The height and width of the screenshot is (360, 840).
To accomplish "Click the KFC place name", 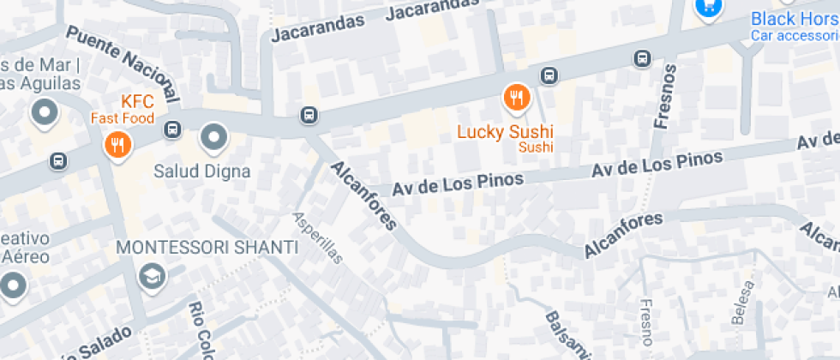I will [136, 101].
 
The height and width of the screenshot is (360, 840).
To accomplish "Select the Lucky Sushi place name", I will [504, 132].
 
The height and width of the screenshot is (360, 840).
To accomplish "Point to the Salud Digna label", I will [201, 171].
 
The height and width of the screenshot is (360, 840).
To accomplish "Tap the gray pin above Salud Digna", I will [213, 135].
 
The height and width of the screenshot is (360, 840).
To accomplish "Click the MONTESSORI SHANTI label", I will [207, 248].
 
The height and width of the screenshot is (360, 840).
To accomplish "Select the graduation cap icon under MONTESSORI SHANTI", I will [152, 276].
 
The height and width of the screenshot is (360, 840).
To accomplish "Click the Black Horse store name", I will [795, 18].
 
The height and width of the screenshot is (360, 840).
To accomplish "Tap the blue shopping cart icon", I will [708, 7].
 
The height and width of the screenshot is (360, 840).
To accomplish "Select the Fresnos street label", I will [664, 96].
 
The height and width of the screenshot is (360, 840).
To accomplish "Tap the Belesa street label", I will [743, 302].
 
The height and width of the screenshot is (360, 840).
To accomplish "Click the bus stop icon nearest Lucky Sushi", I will [549, 75].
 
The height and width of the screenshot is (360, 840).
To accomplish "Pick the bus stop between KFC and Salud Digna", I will [172, 129].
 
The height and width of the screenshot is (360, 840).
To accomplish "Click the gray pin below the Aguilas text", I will [43, 111].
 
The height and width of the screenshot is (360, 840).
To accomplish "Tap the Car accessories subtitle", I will [795, 35].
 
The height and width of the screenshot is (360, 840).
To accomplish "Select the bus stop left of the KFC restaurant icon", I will [58, 160].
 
